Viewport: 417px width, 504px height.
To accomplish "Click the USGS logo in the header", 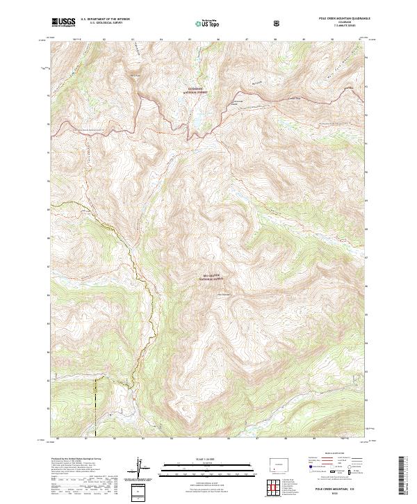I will pyautogui.click(x=63, y=22).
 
